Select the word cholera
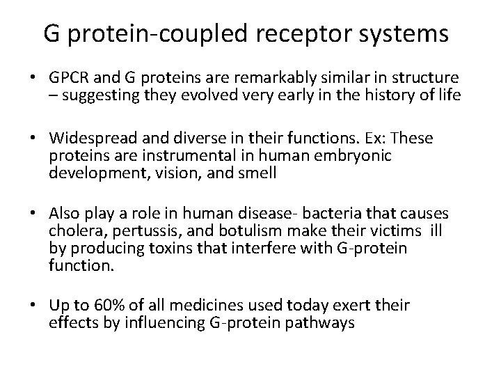point(70,230)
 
